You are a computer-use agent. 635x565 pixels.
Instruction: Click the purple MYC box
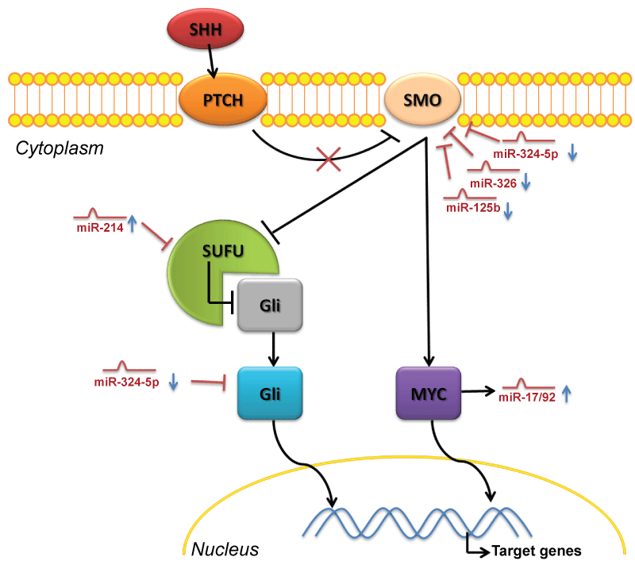click(x=429, y=393)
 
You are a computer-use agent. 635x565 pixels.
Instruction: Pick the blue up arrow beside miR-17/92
click(x=566, y=394)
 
